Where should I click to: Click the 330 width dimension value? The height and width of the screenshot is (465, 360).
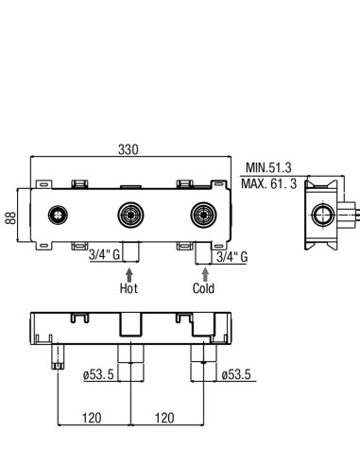(129, 149)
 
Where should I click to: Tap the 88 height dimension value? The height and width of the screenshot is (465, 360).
(10, 217)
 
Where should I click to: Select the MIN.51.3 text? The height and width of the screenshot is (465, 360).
(268, 167)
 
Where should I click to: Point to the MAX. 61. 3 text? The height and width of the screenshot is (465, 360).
(269, 183)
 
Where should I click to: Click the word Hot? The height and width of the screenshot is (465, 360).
(129, 288)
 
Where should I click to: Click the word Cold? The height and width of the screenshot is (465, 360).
(203, 288)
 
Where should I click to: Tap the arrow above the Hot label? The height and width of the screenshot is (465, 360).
(129, 275)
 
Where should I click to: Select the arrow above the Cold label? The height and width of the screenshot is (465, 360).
(205, 275)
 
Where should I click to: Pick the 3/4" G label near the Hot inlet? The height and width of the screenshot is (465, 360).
(104, 254)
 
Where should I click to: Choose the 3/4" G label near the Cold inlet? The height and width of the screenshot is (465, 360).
(232, 257)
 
